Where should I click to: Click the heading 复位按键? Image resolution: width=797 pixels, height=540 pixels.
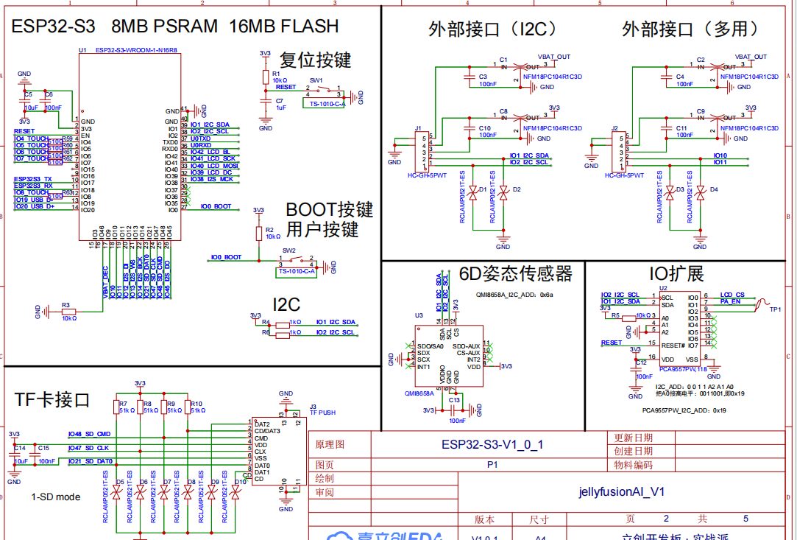click(x=316, y=60)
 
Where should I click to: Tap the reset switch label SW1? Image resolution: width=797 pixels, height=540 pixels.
click(x=316, y=80)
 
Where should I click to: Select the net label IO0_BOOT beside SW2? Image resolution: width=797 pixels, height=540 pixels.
click(x=226, y=257)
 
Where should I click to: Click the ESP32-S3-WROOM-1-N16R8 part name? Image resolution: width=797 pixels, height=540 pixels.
click(x=136, y=50)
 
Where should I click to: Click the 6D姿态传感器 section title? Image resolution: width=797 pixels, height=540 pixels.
click(x=515, y=274)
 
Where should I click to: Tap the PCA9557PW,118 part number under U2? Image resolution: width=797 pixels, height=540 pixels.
click(x=683, y=368)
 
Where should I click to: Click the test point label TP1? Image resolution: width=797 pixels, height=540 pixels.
click(x=774, y=309)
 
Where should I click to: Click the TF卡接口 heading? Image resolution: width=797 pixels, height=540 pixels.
click(x=52, y=399)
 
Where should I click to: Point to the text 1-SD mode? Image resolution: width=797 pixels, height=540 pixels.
click(x=56, y=497)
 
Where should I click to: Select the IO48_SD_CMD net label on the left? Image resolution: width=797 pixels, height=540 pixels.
click(x=89, y=435)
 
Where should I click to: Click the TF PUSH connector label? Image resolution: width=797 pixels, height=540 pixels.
click(x=322, y=413)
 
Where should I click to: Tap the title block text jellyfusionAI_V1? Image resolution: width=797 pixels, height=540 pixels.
click(x=621, y=491)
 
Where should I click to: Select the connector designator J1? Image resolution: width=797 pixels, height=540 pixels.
click(x=417, y=128)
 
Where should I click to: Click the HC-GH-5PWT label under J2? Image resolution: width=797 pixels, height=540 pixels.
click(x=624, y=175)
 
